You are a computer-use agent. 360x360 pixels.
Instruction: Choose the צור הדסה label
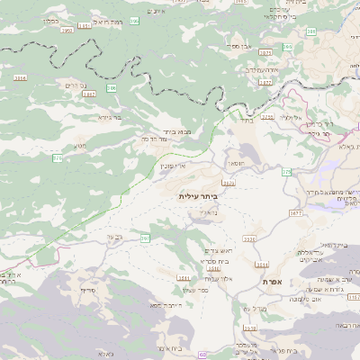click(x=132, y=139)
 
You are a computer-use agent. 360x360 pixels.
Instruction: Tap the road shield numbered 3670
click(x=229, y=184)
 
